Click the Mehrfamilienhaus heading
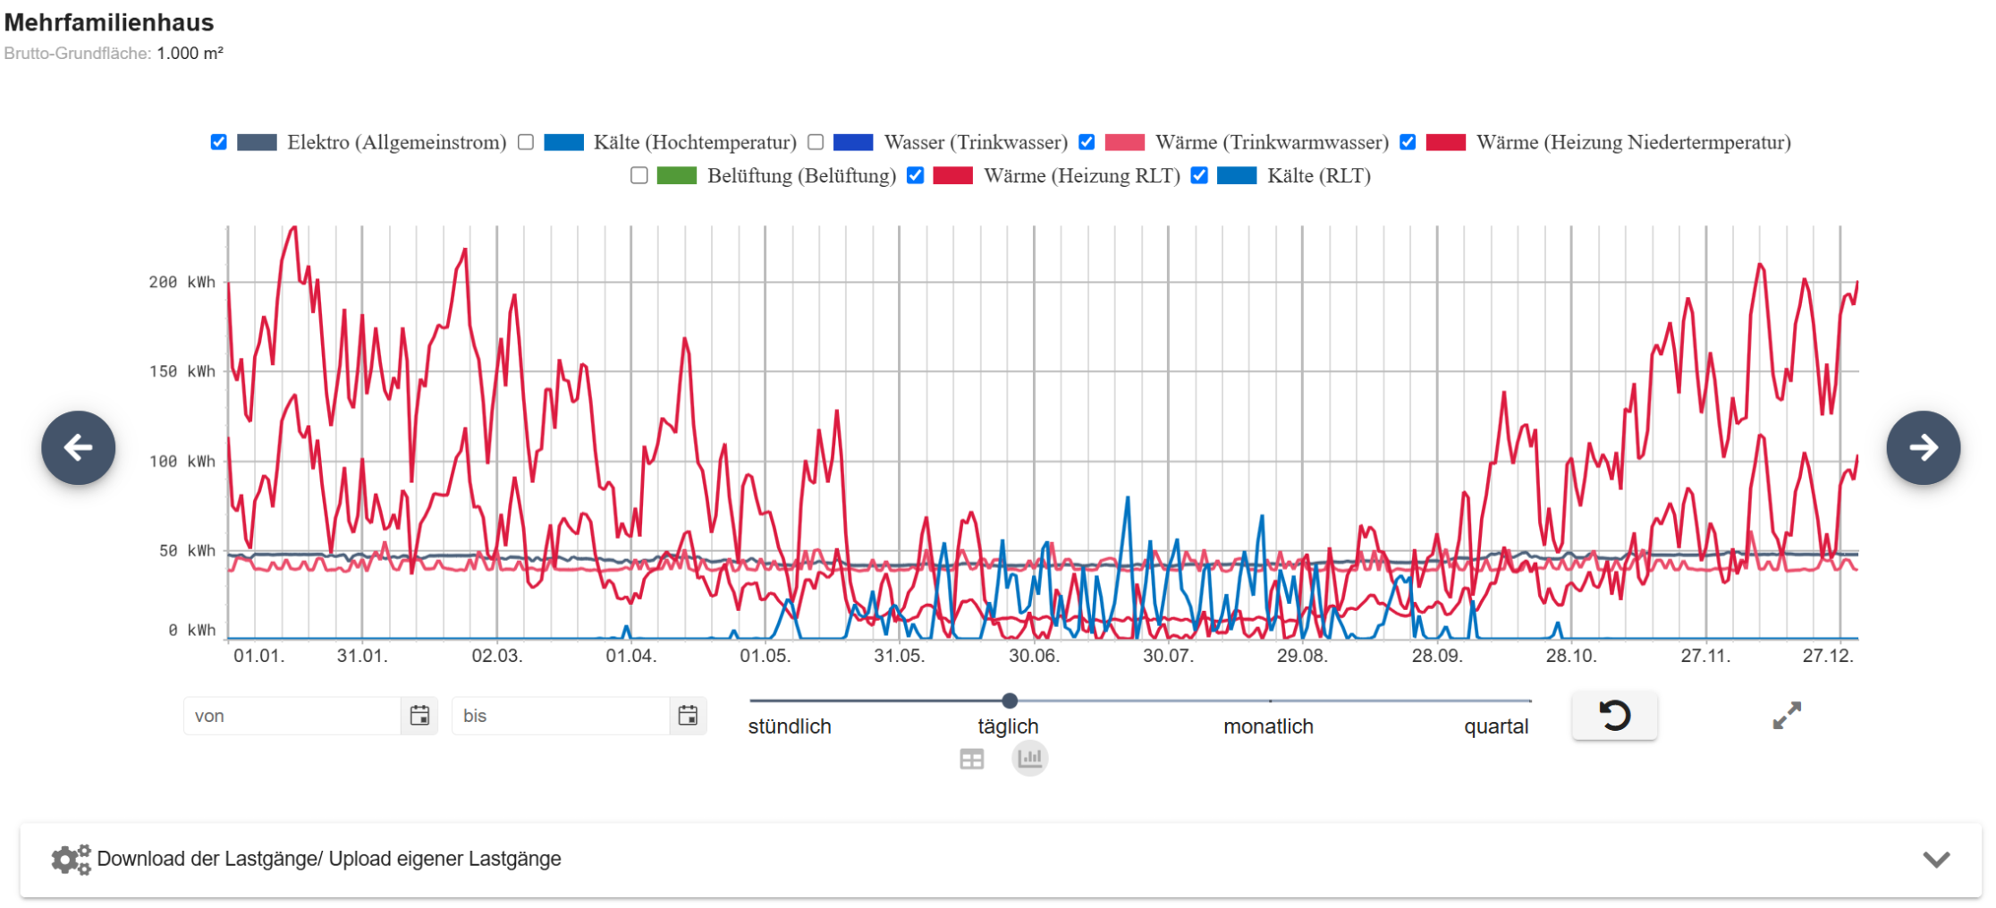[109, 22]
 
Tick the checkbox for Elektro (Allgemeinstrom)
[218, 142]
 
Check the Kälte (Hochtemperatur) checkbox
[526, 142]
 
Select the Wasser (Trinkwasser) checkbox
[816, 142]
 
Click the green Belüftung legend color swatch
[676, 175]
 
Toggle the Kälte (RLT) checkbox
[1199, 175]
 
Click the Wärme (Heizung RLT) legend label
[1081, 175]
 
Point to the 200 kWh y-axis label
[182, 283]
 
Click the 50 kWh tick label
[187, 551]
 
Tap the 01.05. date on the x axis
[765, 656]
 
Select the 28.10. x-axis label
[1571, 656]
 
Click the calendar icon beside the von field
[419, 716]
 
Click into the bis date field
[560, 716]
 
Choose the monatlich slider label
[1268, 726]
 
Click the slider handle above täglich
[1010, 700]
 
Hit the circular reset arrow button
[1614, 716]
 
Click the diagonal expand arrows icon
[1787, 716]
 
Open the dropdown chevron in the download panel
[1936, 860]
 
